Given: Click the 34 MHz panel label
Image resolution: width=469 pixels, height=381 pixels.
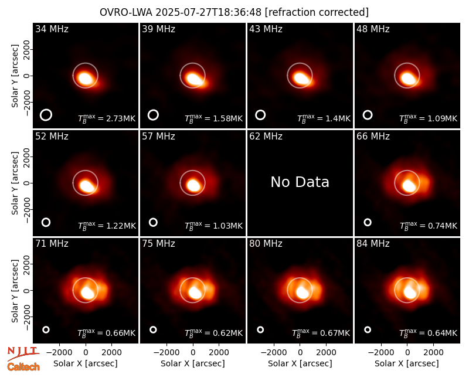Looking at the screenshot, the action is (x=52, y=29).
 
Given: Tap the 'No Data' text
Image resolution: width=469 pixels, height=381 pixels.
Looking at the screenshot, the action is (x=300, y=182).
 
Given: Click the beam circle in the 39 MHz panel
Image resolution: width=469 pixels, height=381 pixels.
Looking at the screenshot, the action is (x=153, y=115).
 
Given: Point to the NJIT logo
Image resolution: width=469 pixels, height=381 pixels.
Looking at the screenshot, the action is (x=23, y=353).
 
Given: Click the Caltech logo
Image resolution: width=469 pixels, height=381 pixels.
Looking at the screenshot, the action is (x=23, y=367).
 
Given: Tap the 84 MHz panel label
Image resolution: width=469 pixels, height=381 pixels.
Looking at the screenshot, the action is (x=373, y=244).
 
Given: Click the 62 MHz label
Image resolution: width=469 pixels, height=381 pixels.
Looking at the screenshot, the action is (x=266, y=137).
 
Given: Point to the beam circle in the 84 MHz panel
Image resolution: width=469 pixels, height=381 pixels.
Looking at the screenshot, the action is (x=368, y=329).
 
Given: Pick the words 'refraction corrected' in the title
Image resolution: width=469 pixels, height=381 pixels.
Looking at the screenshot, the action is (x=317, y=12).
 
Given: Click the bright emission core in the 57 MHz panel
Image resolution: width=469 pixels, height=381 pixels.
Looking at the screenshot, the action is (x=193, y=185).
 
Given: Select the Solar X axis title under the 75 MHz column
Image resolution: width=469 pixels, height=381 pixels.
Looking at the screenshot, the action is (x=193, y=363).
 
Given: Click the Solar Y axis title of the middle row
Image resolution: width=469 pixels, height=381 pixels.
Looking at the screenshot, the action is (x=15, y=183).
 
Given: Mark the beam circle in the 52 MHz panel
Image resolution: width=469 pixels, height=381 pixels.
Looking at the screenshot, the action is (x=46, y=222).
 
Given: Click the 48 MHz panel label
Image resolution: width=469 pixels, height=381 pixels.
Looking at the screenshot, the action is (x=373, y=29).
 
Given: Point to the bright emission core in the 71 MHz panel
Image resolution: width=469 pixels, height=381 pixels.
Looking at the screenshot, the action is (x=87, y=292).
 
